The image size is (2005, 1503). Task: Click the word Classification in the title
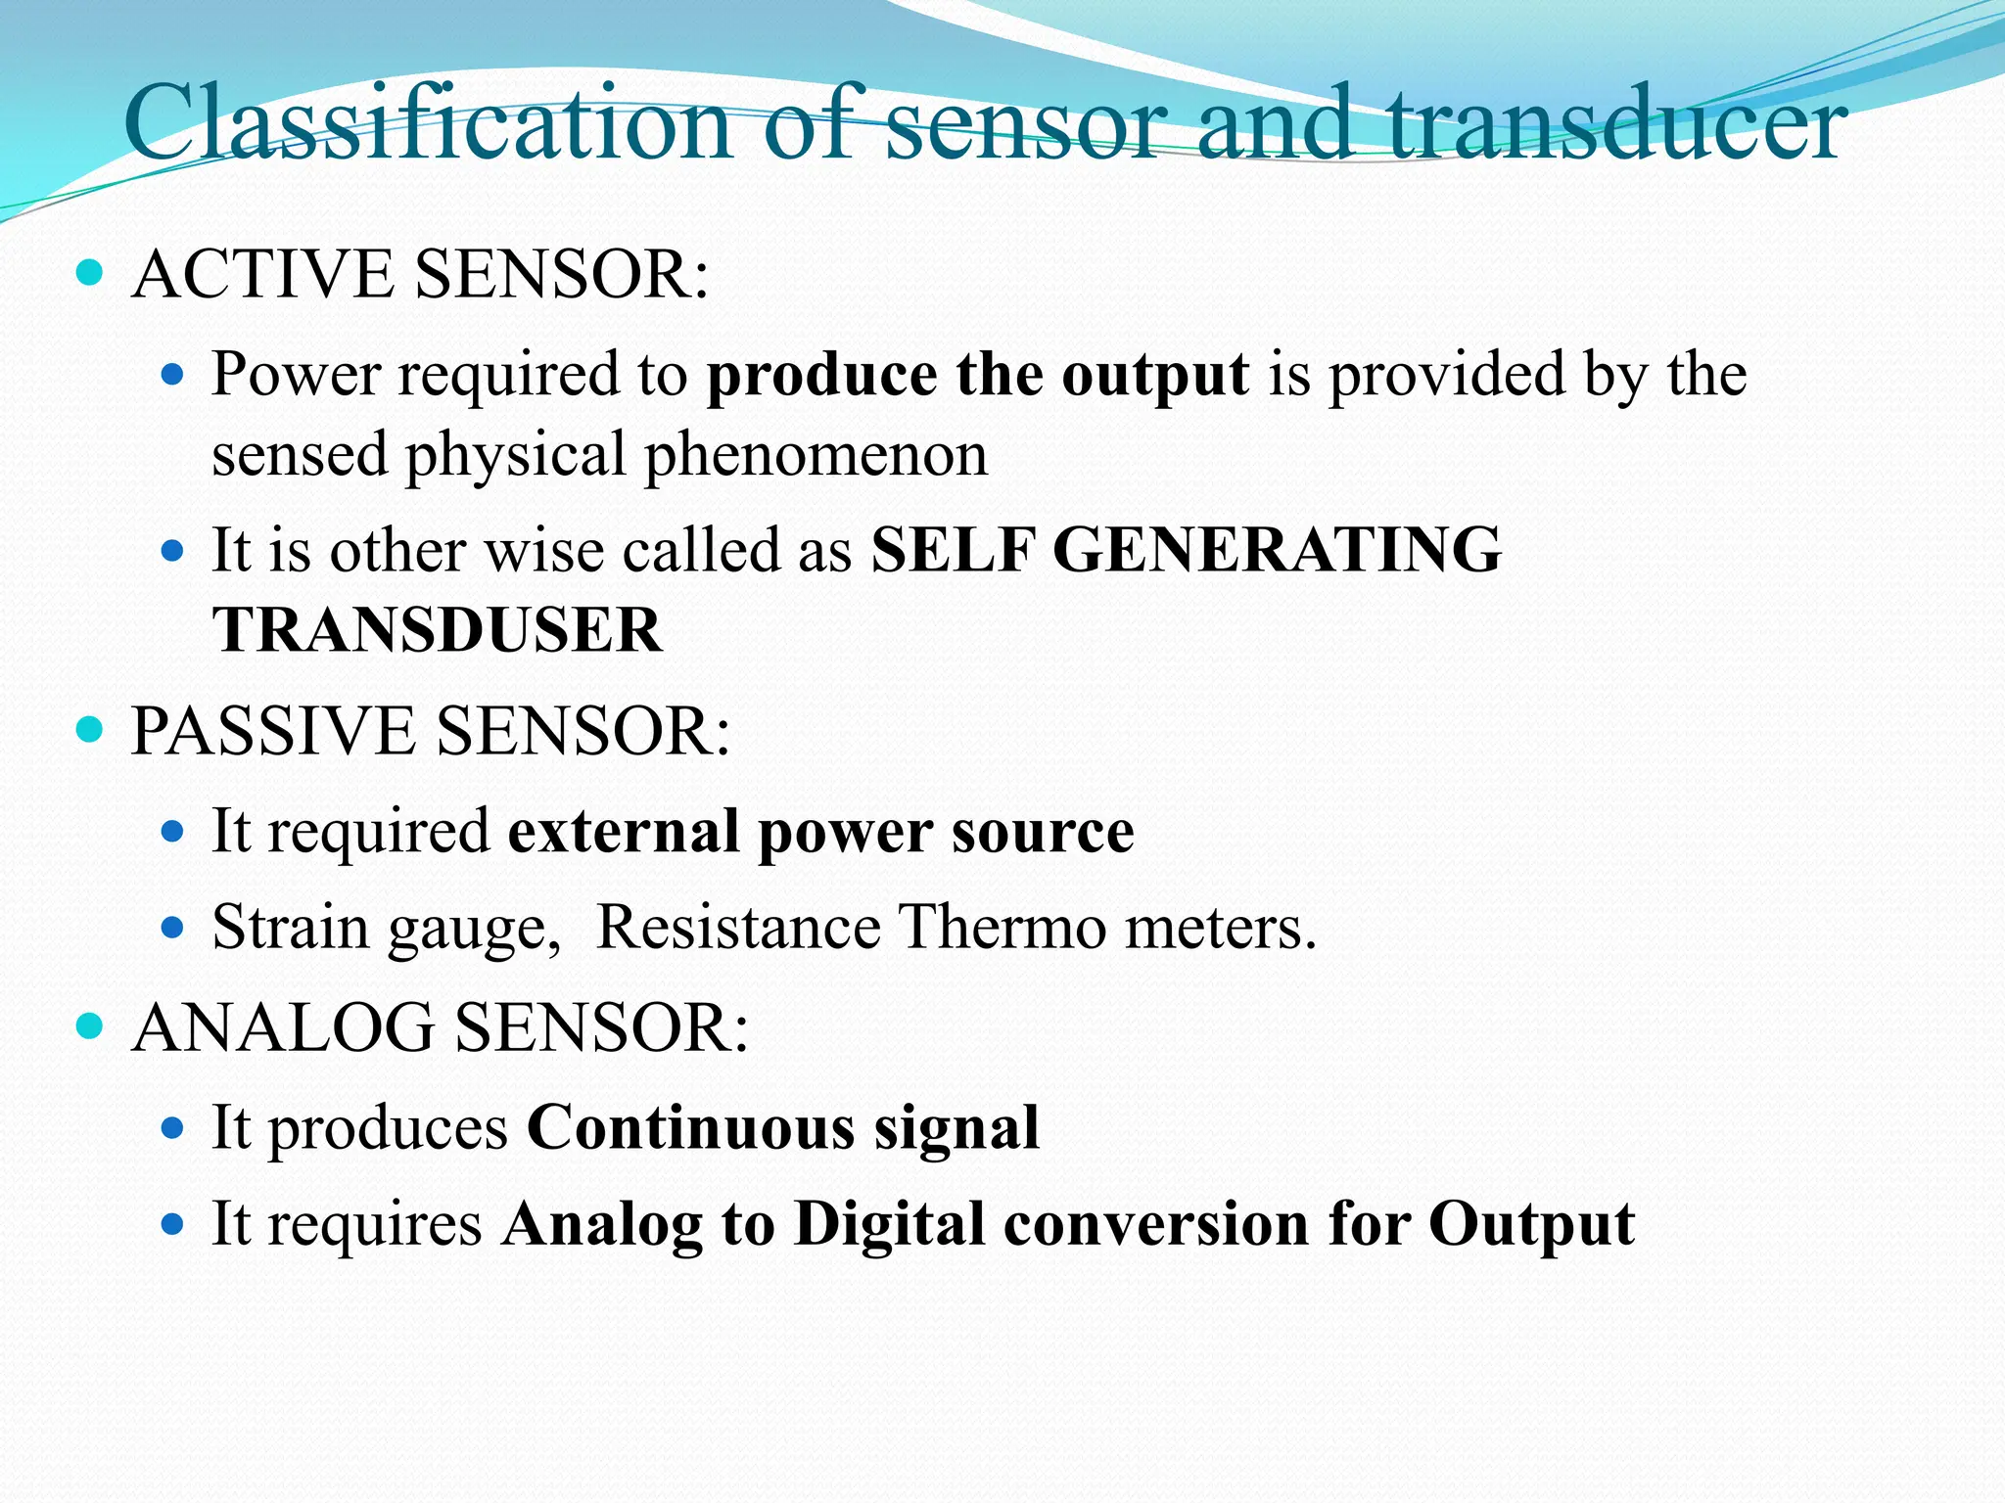428,125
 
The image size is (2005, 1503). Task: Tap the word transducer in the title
1617,125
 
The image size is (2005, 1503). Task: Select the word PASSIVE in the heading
272,732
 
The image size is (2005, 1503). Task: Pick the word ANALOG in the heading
283,1028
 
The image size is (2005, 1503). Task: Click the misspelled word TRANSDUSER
437,629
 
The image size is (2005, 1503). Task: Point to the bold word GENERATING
1277,550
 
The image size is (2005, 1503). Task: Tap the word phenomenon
816,456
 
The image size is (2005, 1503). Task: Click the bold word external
624,832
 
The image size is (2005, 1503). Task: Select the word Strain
290,928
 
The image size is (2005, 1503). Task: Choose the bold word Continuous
690,1127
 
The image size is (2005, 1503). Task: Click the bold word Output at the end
1531,1224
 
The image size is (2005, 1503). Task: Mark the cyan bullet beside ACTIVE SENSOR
89,273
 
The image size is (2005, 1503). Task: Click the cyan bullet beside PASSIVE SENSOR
89,730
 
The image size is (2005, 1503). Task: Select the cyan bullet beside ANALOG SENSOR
89,1026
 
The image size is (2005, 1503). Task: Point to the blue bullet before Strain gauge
172,926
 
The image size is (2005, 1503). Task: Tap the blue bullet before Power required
172,374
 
